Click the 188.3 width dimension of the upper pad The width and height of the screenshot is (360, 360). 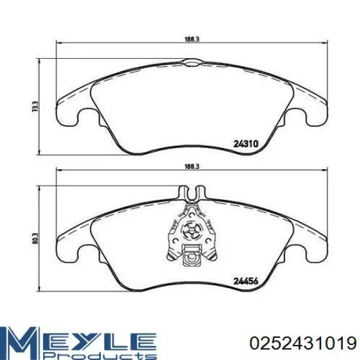tap(192, 39)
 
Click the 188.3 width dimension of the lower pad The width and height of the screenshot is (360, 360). tap(192, 166)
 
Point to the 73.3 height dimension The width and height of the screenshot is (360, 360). tap(35, 107)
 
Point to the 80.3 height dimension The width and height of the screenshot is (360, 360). tap(35, 239)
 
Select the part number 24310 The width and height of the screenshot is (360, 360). tap(246, 144)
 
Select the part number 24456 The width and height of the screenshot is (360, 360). tap(246, 281)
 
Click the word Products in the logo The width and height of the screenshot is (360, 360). tap(100, 356)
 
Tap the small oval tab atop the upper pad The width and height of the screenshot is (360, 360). tap(192, 62)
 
